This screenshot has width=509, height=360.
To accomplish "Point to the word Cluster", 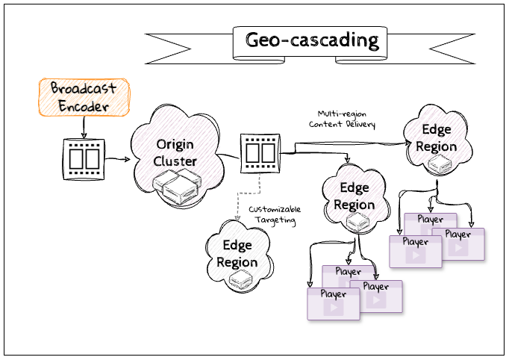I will tap(176, 161).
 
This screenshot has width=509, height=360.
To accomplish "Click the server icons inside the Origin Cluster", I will tap(175, 187).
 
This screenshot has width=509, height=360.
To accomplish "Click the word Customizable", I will tap(274, 209).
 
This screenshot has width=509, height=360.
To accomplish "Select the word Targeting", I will tap(272, 221).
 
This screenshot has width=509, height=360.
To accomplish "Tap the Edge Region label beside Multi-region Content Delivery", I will tap(437, 138).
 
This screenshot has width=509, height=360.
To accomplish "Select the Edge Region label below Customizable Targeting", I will tap(237, 253).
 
